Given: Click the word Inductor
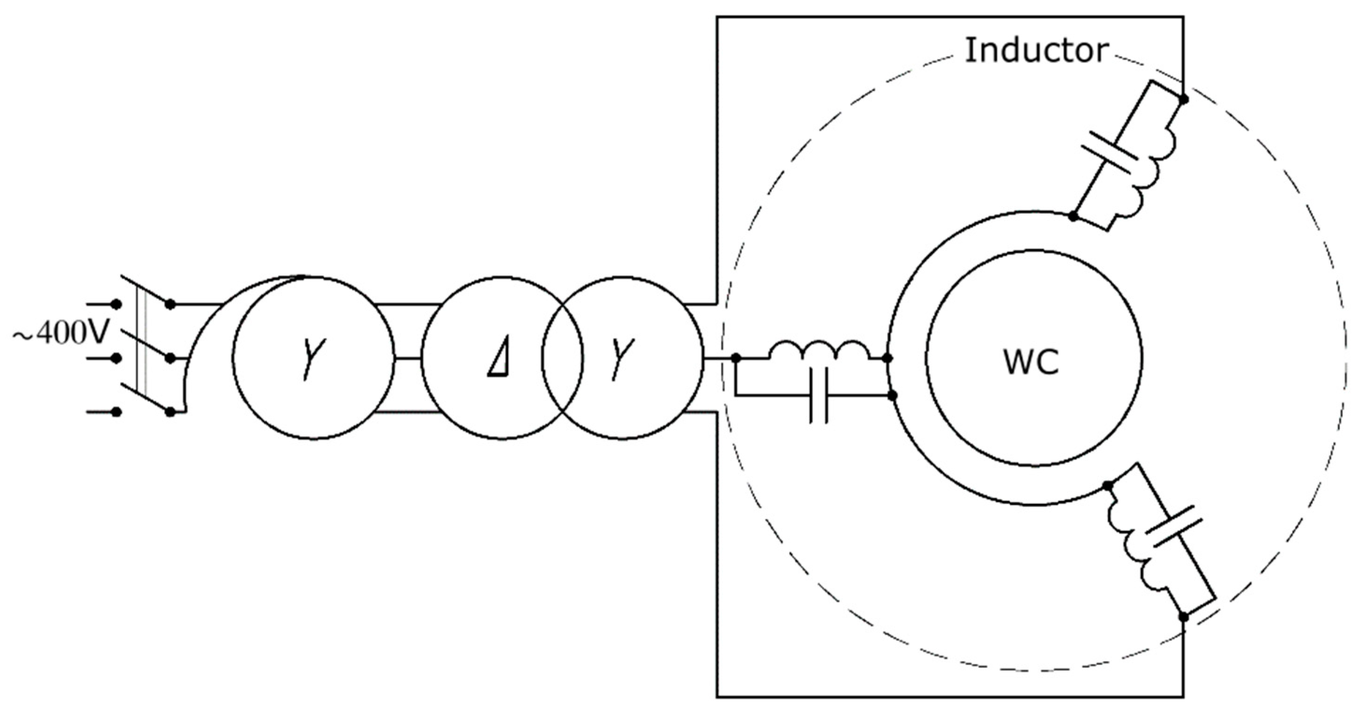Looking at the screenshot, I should (1036, 51).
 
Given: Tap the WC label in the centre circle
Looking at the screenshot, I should (1031, 362).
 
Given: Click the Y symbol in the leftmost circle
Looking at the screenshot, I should (314, 358).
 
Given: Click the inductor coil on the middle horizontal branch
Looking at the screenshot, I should (819, 351).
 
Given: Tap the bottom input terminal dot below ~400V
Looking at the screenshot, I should (116, 412).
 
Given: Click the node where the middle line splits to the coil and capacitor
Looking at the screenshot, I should (736, 358).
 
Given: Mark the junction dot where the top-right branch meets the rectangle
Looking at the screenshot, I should (1184, 99).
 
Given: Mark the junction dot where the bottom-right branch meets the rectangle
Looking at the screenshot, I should (1184, 617).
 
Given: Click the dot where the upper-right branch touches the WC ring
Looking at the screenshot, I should (1073, 216).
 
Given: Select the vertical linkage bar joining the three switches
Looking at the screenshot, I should (141, 344).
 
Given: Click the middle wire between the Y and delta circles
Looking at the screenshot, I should (408, 358).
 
